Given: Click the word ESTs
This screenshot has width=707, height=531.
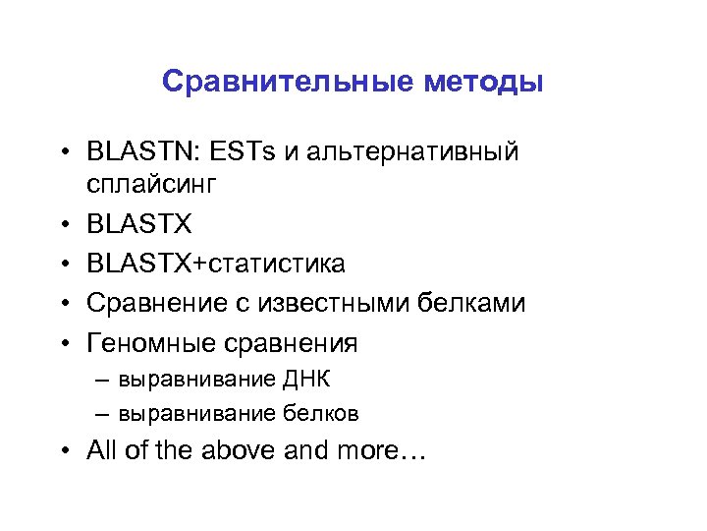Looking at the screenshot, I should point(242,153).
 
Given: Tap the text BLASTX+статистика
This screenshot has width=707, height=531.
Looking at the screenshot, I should point(216,264).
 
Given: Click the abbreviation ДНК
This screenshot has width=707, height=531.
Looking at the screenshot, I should point(312,379).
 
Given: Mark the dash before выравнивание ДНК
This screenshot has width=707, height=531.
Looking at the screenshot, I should point(102,379).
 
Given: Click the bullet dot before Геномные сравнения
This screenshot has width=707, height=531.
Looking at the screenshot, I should point(63,344).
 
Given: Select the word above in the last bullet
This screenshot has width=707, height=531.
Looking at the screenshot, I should point(242,451).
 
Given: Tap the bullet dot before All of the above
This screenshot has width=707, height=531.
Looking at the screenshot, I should point(63,451).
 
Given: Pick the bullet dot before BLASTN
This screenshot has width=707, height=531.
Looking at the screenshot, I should point(63,153).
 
